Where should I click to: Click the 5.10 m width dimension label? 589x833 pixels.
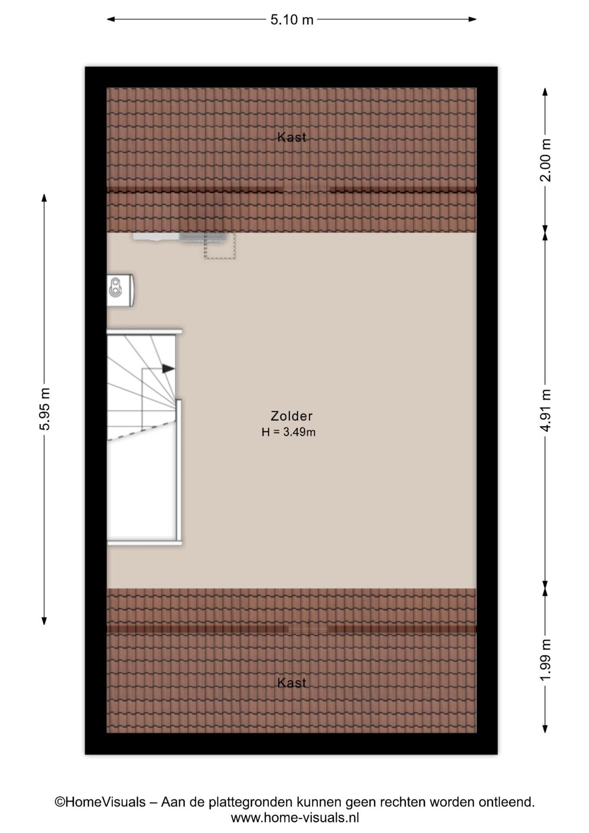pos(292,20)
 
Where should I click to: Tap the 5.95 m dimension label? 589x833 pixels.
pos(45,408)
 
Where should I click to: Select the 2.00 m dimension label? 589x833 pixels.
pos(546,160)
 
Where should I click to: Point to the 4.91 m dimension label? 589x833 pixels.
pos(546,410)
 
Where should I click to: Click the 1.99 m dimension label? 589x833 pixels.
pos(546,659)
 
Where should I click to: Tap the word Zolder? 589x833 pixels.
pos(291,416)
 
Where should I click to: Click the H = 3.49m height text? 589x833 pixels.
pos(288,432)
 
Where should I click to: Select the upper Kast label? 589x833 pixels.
pos(292,138)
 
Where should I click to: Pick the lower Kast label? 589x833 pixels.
pos(292,683)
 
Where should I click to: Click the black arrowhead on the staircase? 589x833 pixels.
pos(169,369)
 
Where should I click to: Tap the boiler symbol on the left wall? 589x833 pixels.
pos(121,290)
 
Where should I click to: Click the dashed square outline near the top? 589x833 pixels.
pos(220,246)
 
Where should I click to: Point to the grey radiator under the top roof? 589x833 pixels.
pos(180,237)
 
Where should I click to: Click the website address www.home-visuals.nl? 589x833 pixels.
pos(295,818)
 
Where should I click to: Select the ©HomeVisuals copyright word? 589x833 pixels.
pos(100,802)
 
